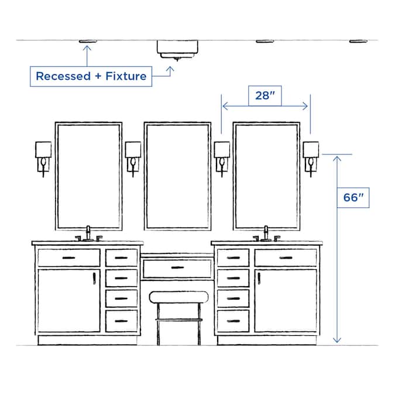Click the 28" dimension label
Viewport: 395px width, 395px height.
pyautogui.click(x=265, y=96)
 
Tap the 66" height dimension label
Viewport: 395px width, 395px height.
pyautogui.click(x=353, y=198)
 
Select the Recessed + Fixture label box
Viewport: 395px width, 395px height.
pyautogui.click(x=91, y=76)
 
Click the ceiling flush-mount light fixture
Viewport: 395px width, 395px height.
pyautogui.click(x=178, y=49)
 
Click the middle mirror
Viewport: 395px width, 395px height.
pyautogui.click(x=177, y=176)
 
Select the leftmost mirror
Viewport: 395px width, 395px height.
pyautogui.click(x=88, y=176)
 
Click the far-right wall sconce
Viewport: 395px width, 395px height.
pyautogui.click(x=311, y=154)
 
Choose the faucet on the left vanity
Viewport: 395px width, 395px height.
pyautogui.click(x=88, y=233)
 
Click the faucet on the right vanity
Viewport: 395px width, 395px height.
pyautogui.click(x=266, y=233)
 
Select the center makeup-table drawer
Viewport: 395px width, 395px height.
pyautogui.click(x=177, y=269)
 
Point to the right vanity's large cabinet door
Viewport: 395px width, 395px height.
pyautogui.click(x=286, y=300)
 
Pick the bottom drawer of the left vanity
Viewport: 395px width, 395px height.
pyautogui.click(x=121, y=321)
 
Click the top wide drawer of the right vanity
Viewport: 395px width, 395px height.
pyautogui.click(x=286, y=257)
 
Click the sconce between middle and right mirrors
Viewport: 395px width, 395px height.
pyautogui.click(x=222, y=154)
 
